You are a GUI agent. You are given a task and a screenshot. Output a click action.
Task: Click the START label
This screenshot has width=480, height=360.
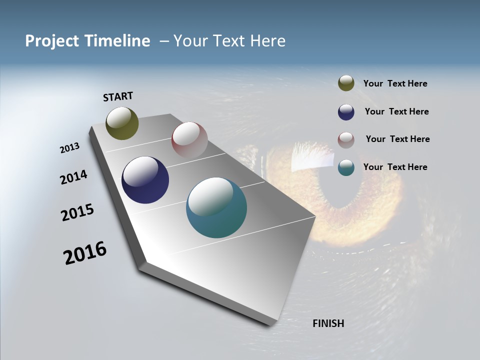118,96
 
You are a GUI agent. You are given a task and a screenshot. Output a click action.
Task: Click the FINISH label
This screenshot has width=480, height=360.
328,323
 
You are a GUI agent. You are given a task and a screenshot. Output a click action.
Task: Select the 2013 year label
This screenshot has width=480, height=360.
69,148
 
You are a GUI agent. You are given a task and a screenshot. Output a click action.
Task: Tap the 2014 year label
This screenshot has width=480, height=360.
73,177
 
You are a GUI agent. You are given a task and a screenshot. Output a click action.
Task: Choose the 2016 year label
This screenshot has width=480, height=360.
85,253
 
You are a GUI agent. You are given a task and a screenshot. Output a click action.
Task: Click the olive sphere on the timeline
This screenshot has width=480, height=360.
122,123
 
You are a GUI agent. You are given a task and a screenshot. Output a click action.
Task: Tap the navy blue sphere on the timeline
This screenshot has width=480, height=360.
145,180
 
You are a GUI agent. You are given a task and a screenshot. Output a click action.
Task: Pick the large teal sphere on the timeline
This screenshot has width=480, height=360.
216,207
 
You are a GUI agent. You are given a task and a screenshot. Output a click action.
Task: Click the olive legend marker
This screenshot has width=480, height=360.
346,83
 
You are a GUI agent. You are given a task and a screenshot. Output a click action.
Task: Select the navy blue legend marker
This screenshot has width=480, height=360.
346,112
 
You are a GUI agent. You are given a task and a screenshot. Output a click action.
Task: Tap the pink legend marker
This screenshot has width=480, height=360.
346,140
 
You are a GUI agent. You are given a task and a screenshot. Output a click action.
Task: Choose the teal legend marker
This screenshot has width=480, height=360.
346,167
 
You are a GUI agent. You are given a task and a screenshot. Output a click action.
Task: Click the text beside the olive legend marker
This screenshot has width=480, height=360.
395,84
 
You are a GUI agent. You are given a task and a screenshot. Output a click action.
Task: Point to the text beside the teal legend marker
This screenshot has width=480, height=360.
395,167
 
